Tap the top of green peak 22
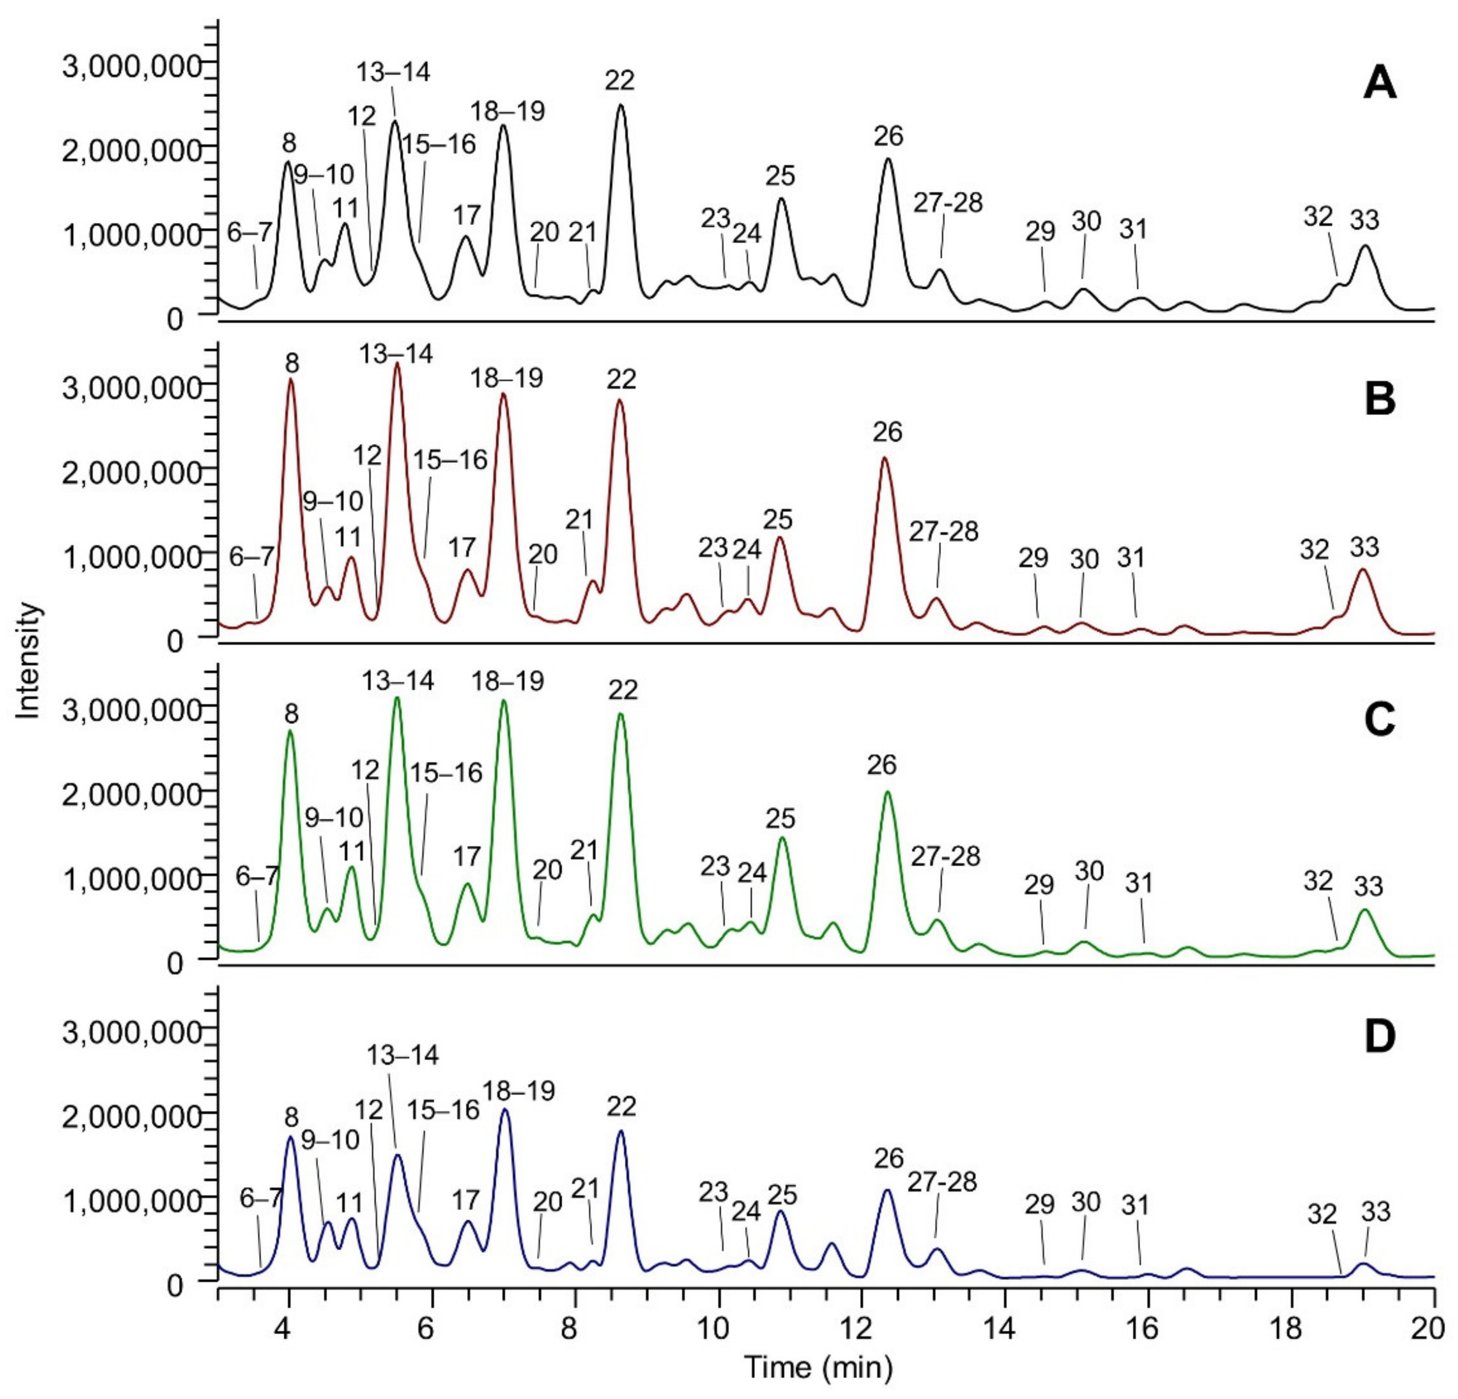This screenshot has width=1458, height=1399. tap(621, 714)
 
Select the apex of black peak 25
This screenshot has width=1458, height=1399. tap(781, 199)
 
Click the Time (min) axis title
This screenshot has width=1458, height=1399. tap(818, 1367)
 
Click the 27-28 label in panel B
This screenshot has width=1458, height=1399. tap(943, 532)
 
